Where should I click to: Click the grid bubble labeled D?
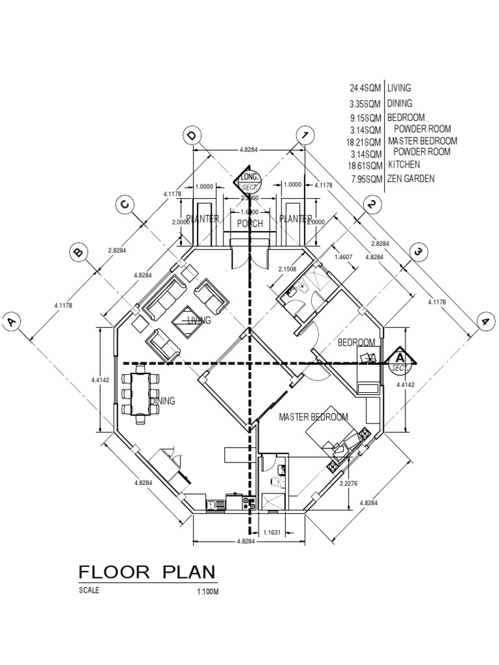tap(192, 136)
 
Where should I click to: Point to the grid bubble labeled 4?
tap(484, 321)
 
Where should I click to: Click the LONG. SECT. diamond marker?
tap(249, 180)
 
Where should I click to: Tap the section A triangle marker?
tap(401, 360)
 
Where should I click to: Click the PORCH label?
tap(250, 223)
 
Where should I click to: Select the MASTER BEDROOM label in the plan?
tap(313, 417)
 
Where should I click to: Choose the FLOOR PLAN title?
tap(147, 572)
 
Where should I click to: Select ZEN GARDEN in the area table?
tap(411, 179)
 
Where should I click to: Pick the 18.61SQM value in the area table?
tap(365, 166)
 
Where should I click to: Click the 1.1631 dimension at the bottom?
tap(274, 533)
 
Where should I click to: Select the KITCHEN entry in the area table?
tap(405, 165)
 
